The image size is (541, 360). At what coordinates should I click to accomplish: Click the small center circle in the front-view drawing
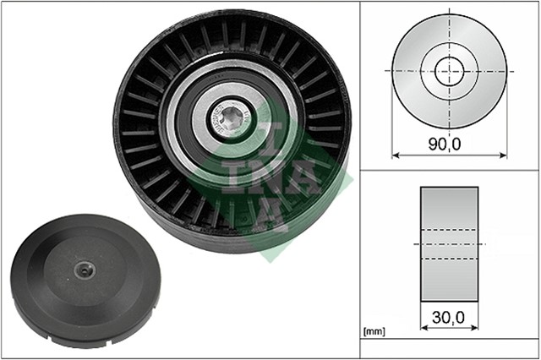click(x=449, y=70)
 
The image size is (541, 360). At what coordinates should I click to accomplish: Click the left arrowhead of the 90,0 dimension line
click(x=396, y=155)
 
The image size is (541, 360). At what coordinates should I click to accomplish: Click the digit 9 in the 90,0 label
click(x=434, y=145)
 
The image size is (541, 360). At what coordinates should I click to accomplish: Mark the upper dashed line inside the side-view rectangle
click(x=449, y=228)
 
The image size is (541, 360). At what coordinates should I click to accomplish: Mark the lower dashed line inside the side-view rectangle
click(x=449, y=258)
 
